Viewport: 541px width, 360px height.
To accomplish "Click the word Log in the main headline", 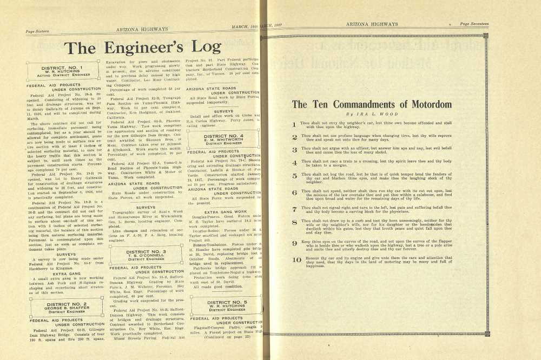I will click(x=201, y=48).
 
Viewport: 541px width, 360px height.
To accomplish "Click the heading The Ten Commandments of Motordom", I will click(x=372, y=104).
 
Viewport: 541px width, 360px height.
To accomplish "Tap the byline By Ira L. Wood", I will click(x=372, y=115).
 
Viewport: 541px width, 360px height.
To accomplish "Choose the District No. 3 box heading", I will click(x=146, y=252).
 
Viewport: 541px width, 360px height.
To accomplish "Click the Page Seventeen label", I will click(x=474, y=24).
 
